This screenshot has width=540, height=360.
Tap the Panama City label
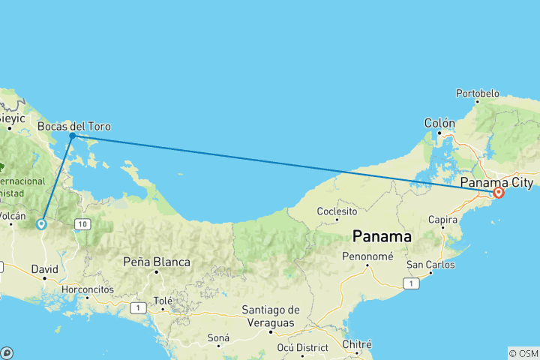coord(496,182)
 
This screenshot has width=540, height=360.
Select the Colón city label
coord(439,123)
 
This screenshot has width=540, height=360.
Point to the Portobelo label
coord(477,94)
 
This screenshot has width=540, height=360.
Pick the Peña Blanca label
coord(157,262)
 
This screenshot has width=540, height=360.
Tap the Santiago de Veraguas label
coord(271,316)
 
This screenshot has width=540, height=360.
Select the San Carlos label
coord(429,265)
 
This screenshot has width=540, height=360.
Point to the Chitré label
coord(357,344)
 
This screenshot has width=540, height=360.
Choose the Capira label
coord(443,220)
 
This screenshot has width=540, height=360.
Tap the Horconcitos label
coord(88,289)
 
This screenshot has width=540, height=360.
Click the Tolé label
coord(163,301)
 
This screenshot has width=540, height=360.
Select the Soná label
coord(218,338)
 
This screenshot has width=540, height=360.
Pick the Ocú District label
coord(302,348)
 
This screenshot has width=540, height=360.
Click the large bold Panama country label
coord(382,236)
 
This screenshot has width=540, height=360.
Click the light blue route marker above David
coord(41,223)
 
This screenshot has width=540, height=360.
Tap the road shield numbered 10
coord(82,224)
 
